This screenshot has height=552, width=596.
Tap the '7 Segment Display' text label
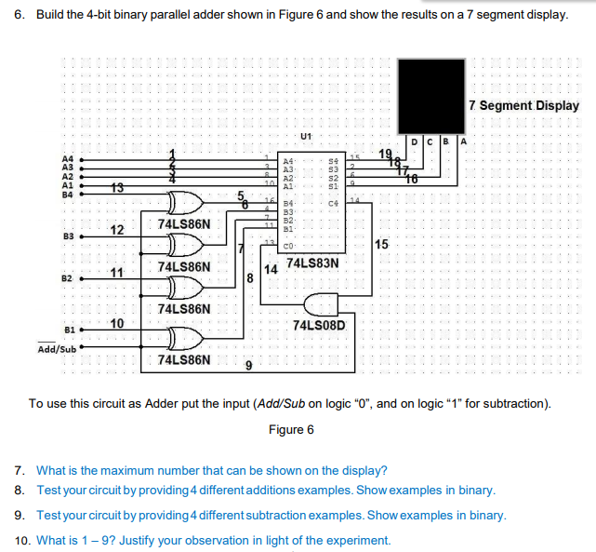[x=525, y=105]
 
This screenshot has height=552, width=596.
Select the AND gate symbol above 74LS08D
[x=320, y=304]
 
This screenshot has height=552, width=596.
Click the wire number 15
[x=381, y=245]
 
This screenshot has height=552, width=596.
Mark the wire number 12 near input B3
[x=116, y=230]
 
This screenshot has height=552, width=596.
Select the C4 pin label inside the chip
[x=334, y=202]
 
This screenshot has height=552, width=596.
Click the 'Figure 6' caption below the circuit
[x=291, y=429]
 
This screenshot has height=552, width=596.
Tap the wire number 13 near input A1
[x=116, y=188]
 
